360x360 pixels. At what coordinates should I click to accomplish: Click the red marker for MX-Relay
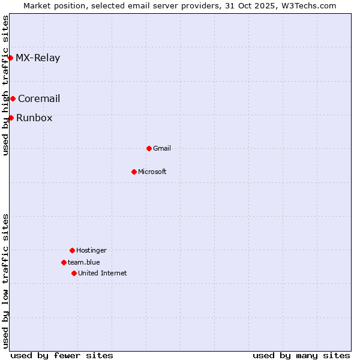(10, 58)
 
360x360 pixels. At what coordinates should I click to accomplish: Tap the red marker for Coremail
(13, 98)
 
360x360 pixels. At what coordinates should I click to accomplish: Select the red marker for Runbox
(11, 118)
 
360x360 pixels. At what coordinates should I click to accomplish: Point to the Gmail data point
(149, 148)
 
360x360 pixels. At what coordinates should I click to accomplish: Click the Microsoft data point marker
(134, 172)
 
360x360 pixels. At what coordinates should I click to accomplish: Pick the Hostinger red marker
(72, 250)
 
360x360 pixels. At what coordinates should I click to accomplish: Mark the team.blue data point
(64, 262)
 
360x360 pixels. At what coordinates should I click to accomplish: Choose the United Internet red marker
(74, 273)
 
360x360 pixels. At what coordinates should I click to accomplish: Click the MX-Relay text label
(38, 58)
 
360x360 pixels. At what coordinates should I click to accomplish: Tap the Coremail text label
(39, 99)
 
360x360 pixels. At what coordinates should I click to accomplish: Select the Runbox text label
(34, 118)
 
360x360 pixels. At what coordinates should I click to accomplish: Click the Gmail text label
(162, 149)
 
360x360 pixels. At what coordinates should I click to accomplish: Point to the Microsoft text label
(152, 172)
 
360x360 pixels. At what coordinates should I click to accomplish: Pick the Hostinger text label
(91, 251)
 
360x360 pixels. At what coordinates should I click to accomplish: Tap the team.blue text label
(84, 263)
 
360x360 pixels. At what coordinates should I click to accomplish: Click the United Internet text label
(103, 274)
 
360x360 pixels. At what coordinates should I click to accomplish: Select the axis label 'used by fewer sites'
(62, 355)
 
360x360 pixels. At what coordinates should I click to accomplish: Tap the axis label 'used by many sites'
(301, 355)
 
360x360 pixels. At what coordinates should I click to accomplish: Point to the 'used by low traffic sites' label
(6, 281)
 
